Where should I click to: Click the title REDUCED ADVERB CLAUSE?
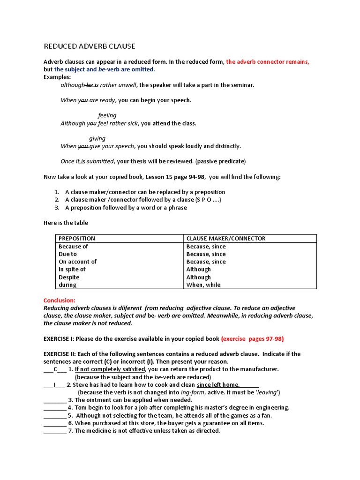pos(89,46)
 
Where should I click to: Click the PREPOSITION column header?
pos(76,239)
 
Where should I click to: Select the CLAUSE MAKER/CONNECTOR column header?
pos(225,239)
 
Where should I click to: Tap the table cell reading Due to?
pos(67,254)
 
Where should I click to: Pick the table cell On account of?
pos(77,262)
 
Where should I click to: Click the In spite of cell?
pos(72,270)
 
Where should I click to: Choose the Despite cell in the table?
pos(69,277)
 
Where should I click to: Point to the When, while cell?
pos(203,285)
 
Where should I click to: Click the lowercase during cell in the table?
pos(67,285)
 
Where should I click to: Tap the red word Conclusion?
pos(59,300)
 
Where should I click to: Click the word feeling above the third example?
pos(107,115)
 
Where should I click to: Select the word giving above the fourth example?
pos(97,139)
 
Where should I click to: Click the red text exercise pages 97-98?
pos(252,338)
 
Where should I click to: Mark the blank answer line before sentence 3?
pos(55,400)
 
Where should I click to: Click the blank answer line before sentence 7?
pos(55,431)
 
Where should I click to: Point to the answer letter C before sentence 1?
pos(55,369)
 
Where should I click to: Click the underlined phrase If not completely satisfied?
pos(110,369)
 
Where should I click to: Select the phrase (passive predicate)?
pos(220,161)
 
